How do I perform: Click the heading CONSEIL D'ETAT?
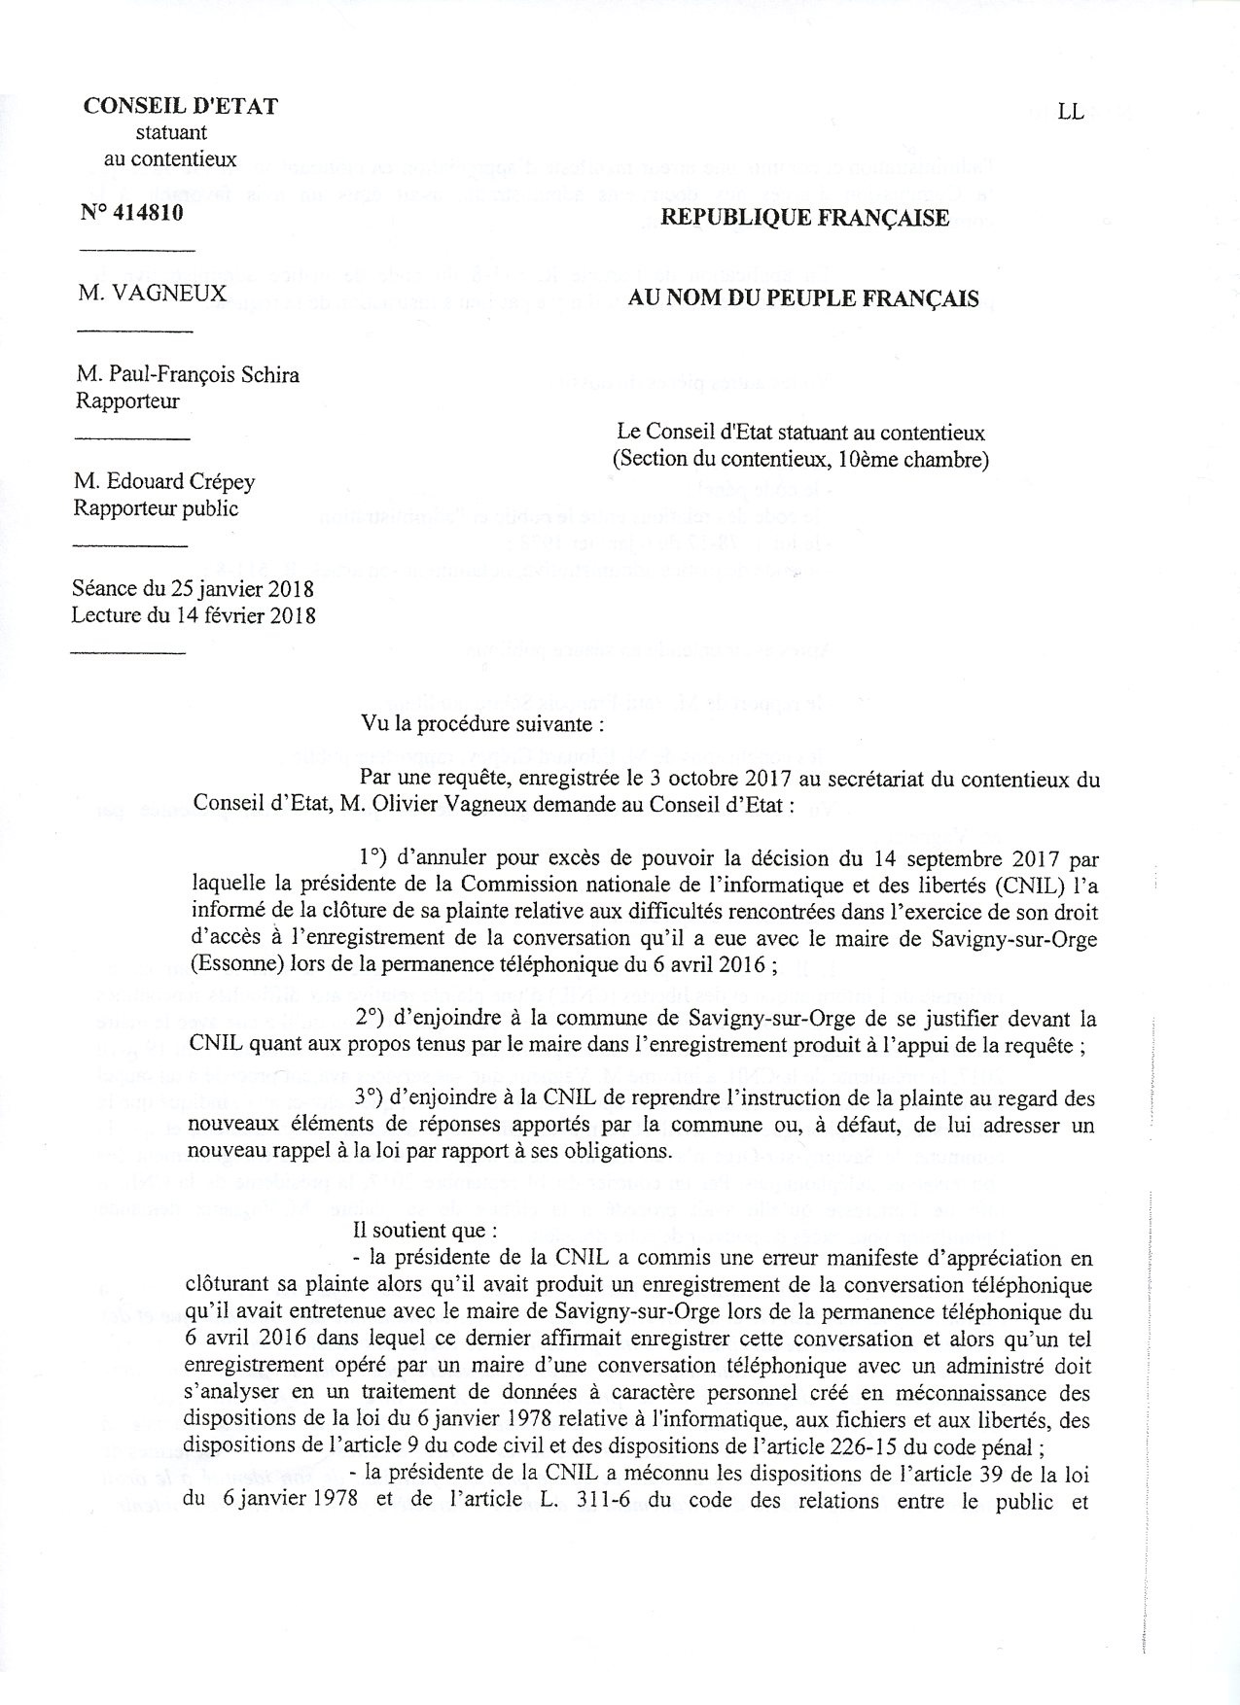point(181,107)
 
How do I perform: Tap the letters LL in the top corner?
point(1071,112)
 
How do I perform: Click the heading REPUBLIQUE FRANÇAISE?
point(804,218)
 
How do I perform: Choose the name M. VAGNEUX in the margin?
point(153,293)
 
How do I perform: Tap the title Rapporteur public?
point(156,508)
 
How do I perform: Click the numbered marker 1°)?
point(374,858)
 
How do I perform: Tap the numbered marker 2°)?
point(374,1019)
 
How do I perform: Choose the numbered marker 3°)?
point(374,1099)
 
